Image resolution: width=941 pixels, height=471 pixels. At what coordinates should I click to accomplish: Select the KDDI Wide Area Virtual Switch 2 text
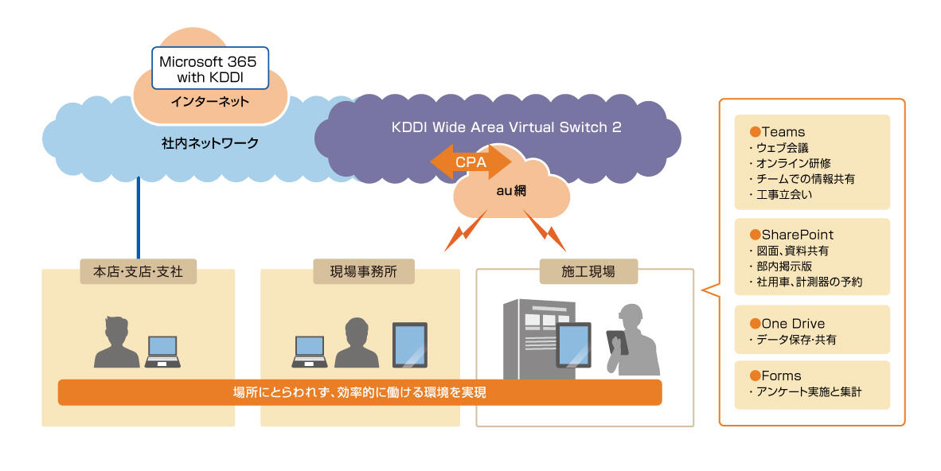point(506,127)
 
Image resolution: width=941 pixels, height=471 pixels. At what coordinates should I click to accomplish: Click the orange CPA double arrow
point(470,162)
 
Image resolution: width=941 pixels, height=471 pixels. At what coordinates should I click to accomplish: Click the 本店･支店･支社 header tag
point(138,271)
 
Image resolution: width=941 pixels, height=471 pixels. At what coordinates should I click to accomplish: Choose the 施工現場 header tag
point(588,271)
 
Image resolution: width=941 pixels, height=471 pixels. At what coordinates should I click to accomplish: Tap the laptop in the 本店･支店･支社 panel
point(162,351)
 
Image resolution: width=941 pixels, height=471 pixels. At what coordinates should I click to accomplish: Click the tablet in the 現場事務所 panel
point(410,344)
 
